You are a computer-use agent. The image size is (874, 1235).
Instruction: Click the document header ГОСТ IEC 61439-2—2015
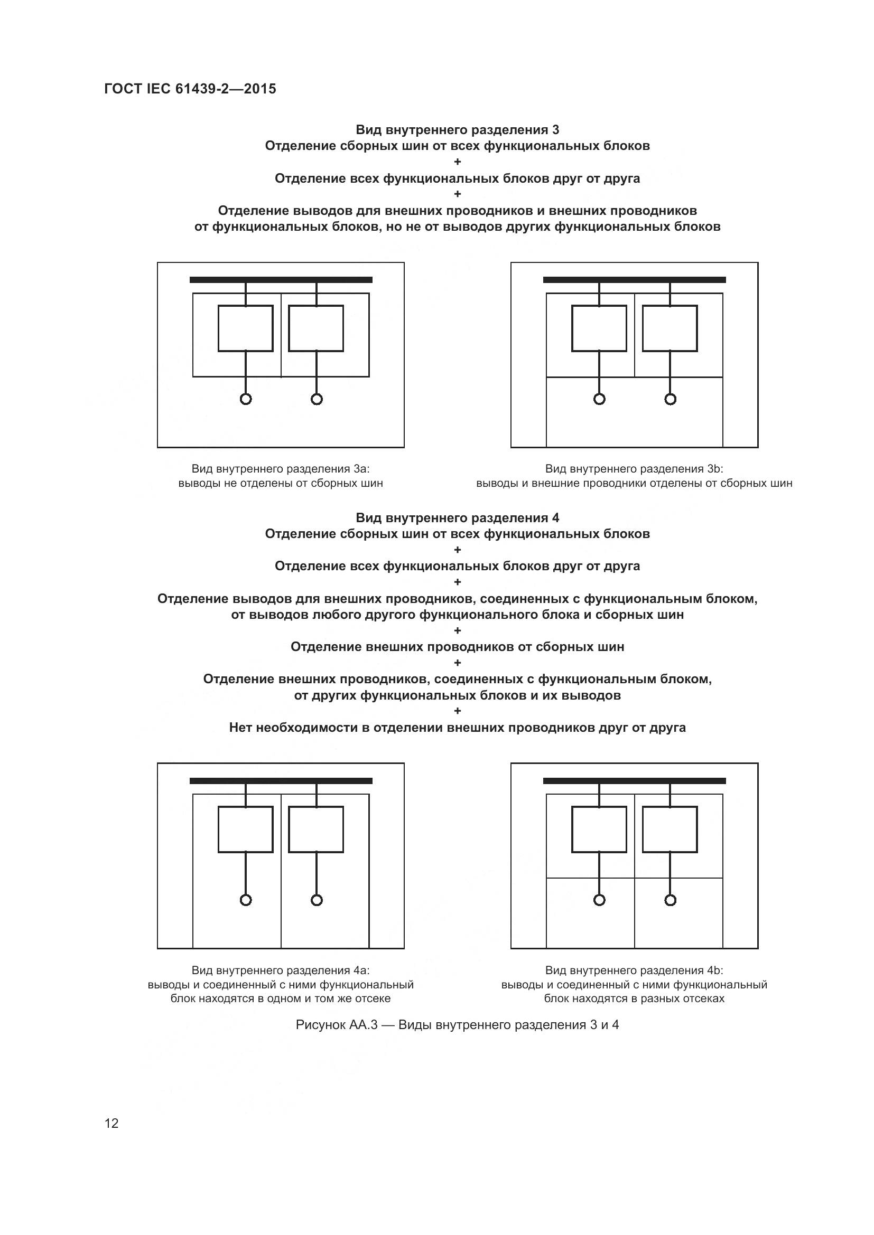pos(190,89)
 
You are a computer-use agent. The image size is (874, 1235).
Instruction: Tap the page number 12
pos(111,1123)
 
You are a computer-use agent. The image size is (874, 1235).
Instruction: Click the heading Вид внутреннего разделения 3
pos(458,130)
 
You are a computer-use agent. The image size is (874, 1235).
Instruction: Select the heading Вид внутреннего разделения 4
pos(458,518)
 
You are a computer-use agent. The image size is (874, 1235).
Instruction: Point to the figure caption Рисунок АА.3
pos(458,1025)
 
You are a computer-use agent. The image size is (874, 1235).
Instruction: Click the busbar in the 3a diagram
pos(281,280)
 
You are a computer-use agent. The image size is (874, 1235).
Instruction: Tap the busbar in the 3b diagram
pos(635,280)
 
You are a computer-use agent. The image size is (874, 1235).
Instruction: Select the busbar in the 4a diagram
pos(281,781)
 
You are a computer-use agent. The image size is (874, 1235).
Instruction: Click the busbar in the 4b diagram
pos(635,781)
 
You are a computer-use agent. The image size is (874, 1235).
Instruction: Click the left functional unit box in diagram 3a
pos(245,328)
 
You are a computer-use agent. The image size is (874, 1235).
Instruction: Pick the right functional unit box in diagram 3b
pos(670,328)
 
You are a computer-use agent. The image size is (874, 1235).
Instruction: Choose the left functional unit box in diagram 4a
pos(245,829)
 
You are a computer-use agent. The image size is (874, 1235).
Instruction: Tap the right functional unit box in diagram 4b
pos(670,829)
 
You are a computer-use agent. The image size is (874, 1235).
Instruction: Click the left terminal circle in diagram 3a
pos(245,399)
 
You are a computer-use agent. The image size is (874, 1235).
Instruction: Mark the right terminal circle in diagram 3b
pos(670,399)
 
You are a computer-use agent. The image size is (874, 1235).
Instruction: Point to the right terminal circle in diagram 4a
pos(317,900)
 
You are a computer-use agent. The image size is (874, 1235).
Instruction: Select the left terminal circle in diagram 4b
pos(599,900)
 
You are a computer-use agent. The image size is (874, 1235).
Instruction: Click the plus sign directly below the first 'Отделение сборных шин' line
pos(458,162)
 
